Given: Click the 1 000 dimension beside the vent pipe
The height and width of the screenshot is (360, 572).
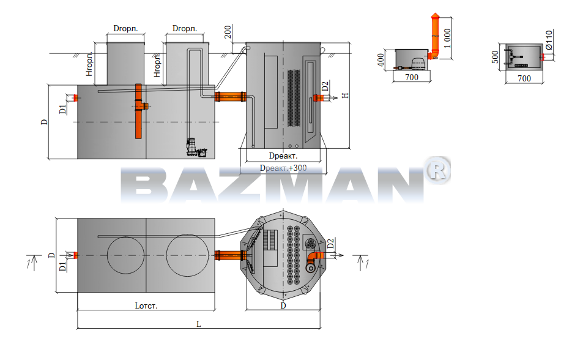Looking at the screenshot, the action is click(448, 39).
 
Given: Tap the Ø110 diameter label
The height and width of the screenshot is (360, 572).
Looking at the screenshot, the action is click(549, 40).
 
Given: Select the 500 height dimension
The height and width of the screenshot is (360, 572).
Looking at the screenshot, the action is click(495, 57).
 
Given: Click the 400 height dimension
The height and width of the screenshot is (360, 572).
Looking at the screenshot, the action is click(381, 60).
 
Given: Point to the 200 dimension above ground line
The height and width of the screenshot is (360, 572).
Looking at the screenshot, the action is click(228, 32).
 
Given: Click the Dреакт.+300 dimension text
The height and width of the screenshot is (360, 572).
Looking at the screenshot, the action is click(283, 168).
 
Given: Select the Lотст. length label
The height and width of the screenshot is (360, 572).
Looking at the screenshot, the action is click(146, 306).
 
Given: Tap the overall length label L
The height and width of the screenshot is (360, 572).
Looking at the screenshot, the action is click(198, 324).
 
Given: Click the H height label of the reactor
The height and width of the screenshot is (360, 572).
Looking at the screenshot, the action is click(345, 96).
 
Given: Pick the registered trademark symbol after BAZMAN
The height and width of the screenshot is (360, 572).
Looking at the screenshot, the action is click(437, 170).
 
